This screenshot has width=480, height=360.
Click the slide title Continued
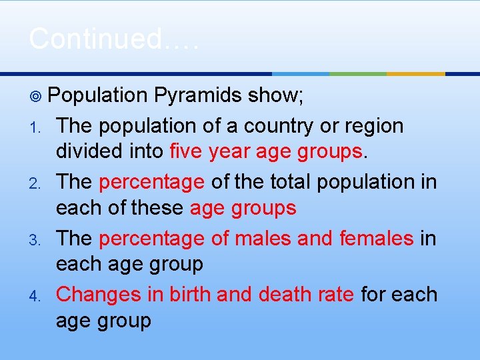(x=113, y=39)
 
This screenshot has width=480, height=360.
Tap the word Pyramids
(x=197, y=96)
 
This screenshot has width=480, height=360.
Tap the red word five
(x=186, y=152)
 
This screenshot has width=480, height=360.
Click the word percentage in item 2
(x=151, y=181)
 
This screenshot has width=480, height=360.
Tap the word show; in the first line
(x=275, y=96)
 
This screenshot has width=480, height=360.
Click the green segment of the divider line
(x=358, y=74)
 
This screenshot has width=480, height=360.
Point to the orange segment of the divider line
(x=415, y=74)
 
